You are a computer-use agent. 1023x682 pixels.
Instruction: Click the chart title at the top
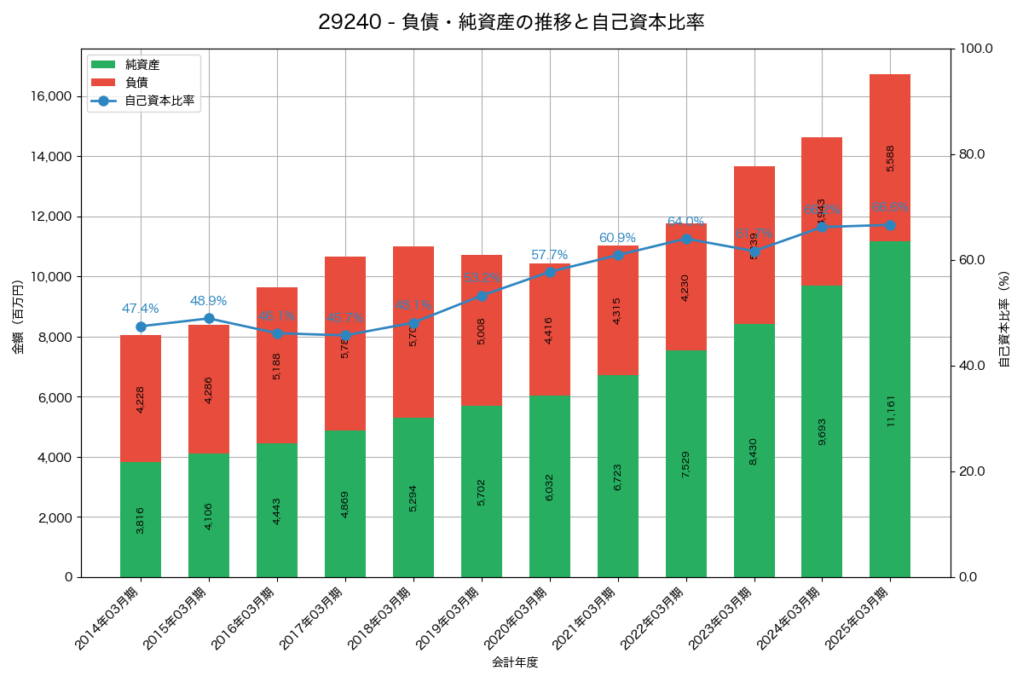tap(511, 22)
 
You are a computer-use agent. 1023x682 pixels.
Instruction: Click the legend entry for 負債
tap(136, 83)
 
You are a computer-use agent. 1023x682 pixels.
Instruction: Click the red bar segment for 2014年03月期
tap(141, 398)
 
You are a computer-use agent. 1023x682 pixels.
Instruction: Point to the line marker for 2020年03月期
tap(550, 272)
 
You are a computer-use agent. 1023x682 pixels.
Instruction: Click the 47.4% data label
tap(141, 309)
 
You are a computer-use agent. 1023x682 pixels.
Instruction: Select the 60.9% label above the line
tap(617, 238)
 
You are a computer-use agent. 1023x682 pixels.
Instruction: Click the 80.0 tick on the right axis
tap(972, 154)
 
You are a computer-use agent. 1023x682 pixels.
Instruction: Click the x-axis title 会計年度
tap(515, 662)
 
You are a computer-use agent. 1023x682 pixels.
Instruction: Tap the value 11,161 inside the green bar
tap(891, 410)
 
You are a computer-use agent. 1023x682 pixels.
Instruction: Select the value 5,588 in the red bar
tap(891, 159)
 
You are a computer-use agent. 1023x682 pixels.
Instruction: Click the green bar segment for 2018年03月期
tap(413, 497)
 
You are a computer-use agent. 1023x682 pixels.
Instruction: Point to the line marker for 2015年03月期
tap(209, 318)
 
